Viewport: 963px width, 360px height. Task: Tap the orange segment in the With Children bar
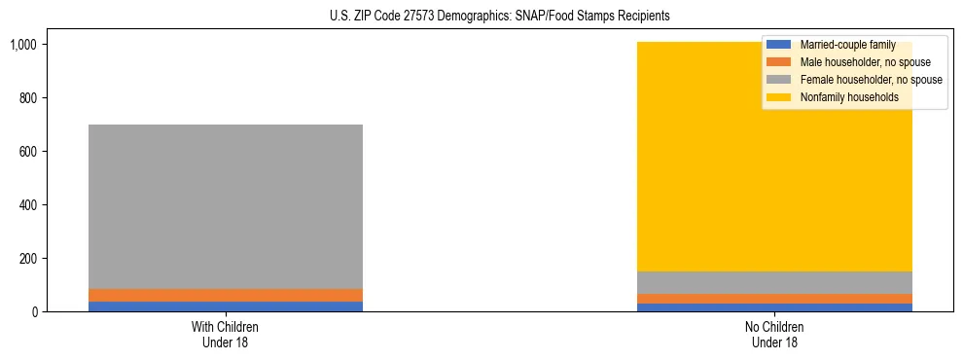click(x=226, y=295)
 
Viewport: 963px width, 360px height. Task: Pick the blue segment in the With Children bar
click(x=226, y=306)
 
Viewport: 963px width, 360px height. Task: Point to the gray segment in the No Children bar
click(x=774, y=282)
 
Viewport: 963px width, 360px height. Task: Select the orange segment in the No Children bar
click(x=774, y=299)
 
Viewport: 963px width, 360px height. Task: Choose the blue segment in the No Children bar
click(x=774, y=307)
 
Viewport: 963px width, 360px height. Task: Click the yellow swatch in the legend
click(x=780, y=97)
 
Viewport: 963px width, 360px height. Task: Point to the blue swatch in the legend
click(x=780, y=45)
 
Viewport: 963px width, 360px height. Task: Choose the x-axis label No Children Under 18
click(x=774, y=334)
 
